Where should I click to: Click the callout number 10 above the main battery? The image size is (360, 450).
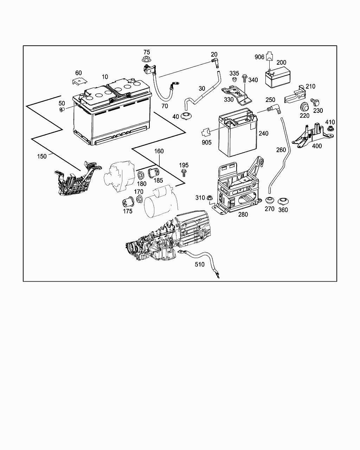105,77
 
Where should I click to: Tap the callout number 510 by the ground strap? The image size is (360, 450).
199,264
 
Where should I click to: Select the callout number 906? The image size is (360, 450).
259,57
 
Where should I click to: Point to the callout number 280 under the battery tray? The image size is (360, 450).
243,214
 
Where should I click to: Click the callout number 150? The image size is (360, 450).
42,156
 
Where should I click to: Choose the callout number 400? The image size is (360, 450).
317,146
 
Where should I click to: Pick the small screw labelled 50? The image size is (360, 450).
62,110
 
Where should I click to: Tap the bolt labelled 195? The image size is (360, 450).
184,172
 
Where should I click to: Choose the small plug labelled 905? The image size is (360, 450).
206,133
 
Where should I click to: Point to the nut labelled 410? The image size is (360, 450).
330,129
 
